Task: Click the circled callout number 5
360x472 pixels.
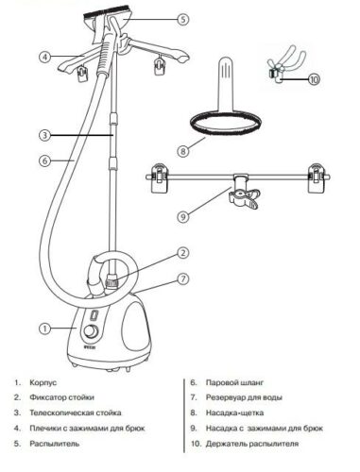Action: tap(183, 20)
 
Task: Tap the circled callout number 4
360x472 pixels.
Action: tap(45, 57)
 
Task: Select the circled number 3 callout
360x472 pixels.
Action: tap(45, 135)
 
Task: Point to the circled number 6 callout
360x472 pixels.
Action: tap(45, 160)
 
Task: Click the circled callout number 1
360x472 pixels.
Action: tap(45, 329)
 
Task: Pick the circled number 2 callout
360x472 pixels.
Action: tap(183, 253)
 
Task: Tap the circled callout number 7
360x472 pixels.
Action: tap(183, 278)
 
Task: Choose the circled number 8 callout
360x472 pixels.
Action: tap(183, 151)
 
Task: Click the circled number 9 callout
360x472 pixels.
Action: tap(183, 217)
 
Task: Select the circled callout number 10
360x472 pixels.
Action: tap(314, 79)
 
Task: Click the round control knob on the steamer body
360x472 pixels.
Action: tap(91, 331)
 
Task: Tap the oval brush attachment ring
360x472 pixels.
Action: tap(226, 126)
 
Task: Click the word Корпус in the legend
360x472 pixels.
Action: tap(43, 383)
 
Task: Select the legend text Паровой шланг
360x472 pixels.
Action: tap(234, 383)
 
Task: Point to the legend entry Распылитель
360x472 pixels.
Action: tap(55, 444)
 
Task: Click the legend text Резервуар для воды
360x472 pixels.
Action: tap(244, 397)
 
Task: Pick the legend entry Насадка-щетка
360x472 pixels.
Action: tap(235, 413)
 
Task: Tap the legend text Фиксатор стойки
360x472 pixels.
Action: tap(62, 397)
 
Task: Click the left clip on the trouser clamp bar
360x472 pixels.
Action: tap(159, 177)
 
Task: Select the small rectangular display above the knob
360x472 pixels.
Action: tap(94, 315)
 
